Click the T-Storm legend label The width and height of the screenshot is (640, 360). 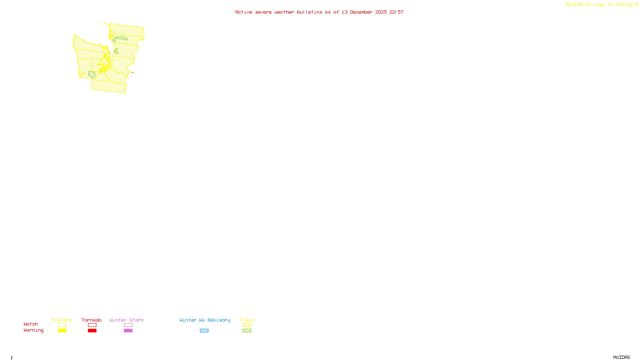point(62,320)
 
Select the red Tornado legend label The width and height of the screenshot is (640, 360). point(92,320)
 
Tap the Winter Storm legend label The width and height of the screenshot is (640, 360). point(126,320)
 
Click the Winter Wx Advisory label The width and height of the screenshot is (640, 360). point(205,320)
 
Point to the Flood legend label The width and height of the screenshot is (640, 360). point(247,320)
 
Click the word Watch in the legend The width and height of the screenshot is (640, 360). point(31,324)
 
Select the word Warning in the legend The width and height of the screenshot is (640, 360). point(34,330)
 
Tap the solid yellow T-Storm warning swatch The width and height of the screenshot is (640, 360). point(62,331)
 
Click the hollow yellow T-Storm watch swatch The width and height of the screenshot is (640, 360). point(62,325)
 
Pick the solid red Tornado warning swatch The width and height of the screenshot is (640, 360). point(92,331)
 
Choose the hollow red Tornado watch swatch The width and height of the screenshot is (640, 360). point(92,325)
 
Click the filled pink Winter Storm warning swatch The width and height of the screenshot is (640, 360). point(128,331)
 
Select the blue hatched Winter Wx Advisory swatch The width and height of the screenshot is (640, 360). point(204,331)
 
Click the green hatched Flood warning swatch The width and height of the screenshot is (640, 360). point(247,331)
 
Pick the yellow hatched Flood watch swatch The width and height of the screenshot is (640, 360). point(247,325)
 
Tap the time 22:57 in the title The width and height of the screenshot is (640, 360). point(396,12)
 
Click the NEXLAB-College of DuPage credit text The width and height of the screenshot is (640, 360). point(600,4)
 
